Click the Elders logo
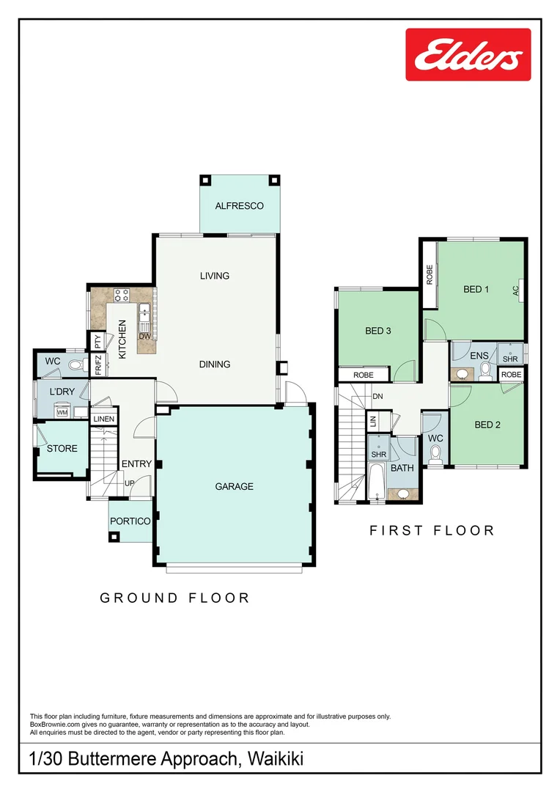pos(468,54)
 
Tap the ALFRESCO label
pos(239,206)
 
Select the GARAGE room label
pos(234,486)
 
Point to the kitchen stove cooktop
pos(122,296)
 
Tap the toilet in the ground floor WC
pos(75,364)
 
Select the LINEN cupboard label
pos(103,419)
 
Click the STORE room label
pos(62,448)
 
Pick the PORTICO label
pos(130,521)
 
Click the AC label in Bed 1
pos(515,290)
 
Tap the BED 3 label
pos(377,331)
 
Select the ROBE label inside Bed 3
pos(363,375)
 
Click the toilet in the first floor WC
pos(434,458)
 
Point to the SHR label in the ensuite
pos(509,359)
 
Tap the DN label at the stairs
pos(377,396)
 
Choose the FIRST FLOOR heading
pos(432,530)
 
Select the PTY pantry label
pos(97,342)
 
